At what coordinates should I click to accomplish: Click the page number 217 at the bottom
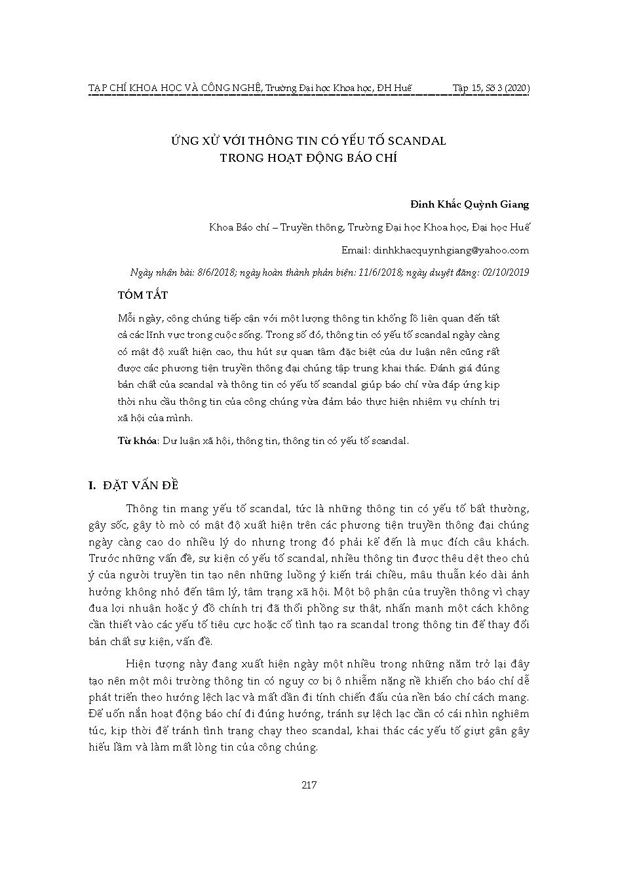point(309,785)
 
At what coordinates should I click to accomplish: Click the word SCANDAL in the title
point(417,141)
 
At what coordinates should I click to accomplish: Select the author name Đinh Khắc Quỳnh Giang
point(478,205)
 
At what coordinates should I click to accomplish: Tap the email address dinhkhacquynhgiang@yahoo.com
point(451,250)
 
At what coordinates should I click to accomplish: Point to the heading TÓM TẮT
point(142,295)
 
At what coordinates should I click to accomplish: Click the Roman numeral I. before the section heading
point(92,485)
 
